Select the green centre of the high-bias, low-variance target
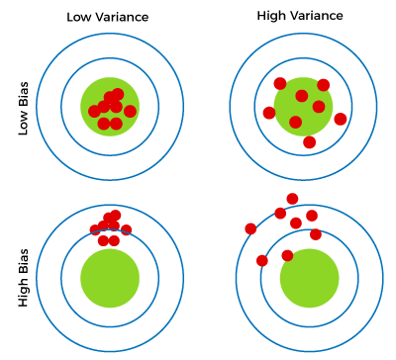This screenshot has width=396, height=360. tap(110, 278)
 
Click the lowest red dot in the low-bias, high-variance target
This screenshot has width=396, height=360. tap(310, 142)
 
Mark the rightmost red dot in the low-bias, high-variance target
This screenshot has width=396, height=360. tap(341, 119)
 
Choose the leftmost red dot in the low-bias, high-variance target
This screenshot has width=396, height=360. tap(268, 113)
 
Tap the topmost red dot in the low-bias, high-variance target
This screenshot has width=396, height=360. tap(280, 82)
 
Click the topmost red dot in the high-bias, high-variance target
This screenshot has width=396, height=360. tap(292, 199)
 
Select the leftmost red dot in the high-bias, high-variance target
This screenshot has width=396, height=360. tap(249, 228)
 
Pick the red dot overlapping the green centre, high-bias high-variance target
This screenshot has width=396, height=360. tap(287, 256)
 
